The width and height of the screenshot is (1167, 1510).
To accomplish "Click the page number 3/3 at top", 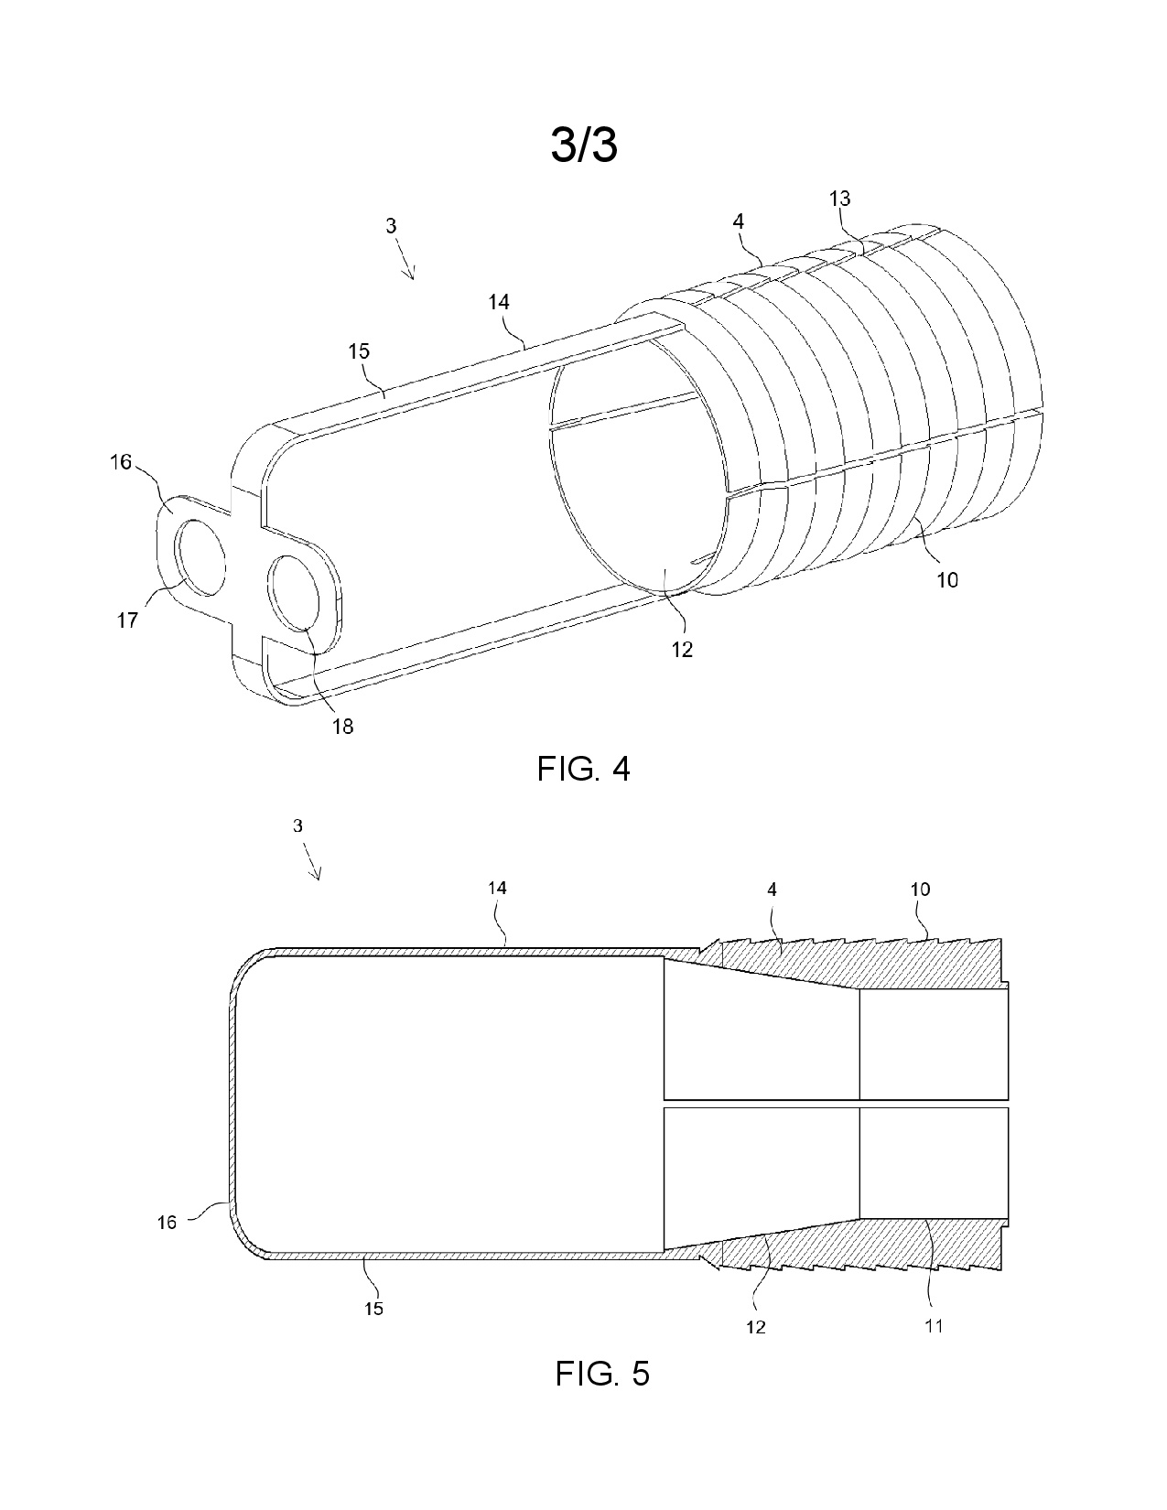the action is click(584, 146).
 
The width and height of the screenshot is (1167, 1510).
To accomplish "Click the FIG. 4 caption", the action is click(583, 770).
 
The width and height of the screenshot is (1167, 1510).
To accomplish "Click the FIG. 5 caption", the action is click(602, 1374).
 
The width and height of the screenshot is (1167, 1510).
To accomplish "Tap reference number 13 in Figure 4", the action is click(839, 199).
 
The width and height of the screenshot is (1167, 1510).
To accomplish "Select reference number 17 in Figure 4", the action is click(128, 620).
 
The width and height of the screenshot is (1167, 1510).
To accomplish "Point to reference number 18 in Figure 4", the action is click(342, 727).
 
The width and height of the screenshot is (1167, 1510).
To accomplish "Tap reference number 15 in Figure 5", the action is click(374, 1309).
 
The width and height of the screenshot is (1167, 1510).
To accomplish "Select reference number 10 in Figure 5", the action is click(920, 889).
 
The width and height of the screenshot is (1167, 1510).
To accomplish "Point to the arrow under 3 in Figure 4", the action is click(405, 260).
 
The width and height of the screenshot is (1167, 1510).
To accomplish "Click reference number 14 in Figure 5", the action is click(498, 888).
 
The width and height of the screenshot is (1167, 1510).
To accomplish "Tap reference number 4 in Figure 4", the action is click(738, 221).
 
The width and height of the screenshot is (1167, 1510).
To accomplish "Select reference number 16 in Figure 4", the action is click(121, 461).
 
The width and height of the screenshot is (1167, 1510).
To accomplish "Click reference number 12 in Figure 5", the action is click(755, 1327).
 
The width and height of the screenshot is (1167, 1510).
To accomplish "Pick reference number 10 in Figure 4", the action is click(947, 579).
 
